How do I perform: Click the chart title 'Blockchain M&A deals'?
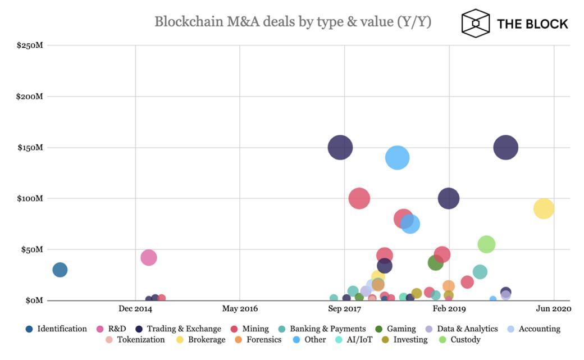click(293, 22)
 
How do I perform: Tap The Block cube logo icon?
click(475, 23)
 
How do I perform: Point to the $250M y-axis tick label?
click(29, 45)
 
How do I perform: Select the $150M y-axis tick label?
click(29, 147)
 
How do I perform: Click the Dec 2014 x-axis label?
click(135, 308)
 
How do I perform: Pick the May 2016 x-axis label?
click(240, 308)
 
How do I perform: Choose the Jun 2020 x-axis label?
click(554, 308)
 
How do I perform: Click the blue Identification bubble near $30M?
click(60, 270)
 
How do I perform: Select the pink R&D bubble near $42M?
click(148, 258)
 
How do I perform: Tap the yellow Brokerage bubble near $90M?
click(544, 208)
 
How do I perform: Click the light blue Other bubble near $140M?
click(397, 158)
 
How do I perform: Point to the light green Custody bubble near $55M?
click(486, 244)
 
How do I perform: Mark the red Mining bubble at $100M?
click(359, 198)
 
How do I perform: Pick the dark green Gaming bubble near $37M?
click(435, 262)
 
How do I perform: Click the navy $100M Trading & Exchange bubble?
click(448, 198)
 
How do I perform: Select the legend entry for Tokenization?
click(140, 339)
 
